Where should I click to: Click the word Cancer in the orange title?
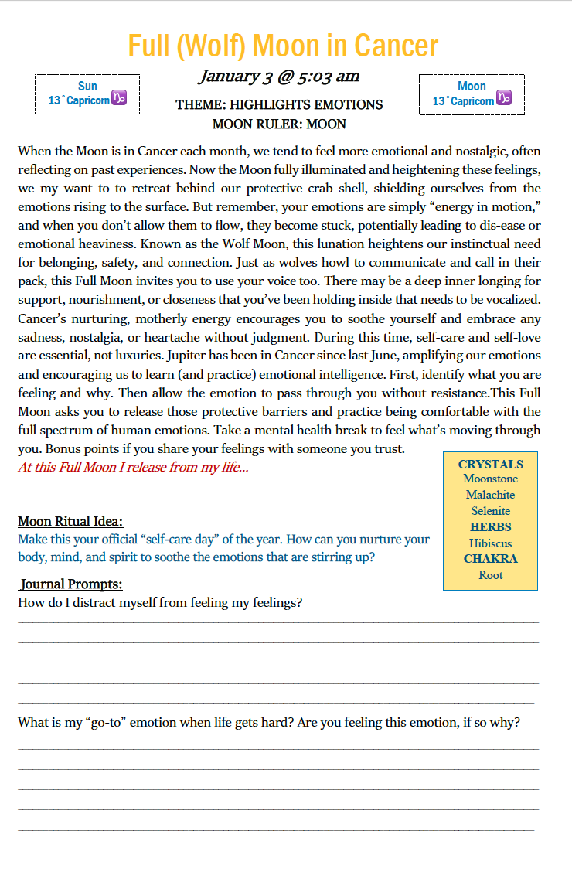tap(396, 46)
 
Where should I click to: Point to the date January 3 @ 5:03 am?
tap(279, 76)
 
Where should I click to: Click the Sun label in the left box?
tap(87, 86)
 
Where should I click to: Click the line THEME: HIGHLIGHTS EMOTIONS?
tap(279, 104)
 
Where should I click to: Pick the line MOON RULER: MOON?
tap(279, 124)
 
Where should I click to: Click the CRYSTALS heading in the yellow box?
tap(490, 464)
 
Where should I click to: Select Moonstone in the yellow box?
tap(490, 479)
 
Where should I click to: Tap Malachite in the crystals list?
tap(490, 495)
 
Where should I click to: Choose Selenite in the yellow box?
tap(490, 511)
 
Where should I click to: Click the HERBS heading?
tap(490, 526)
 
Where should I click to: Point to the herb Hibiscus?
tap(490, 543)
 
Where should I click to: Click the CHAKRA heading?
tap(490, 558)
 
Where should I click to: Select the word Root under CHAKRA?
tap(490, 575)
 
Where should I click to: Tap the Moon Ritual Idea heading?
tap(70, 521)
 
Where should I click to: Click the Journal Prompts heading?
tap(71, 584)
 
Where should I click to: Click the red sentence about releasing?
tap(133, 468)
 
